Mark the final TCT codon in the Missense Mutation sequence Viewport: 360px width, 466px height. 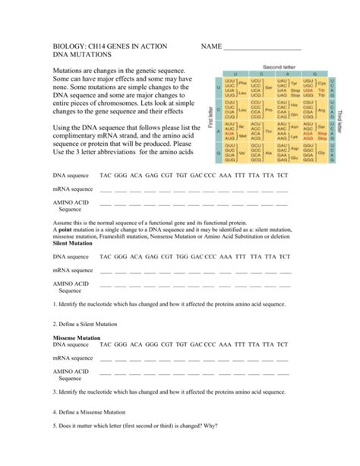pyautogui.click(x=282, y=344)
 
